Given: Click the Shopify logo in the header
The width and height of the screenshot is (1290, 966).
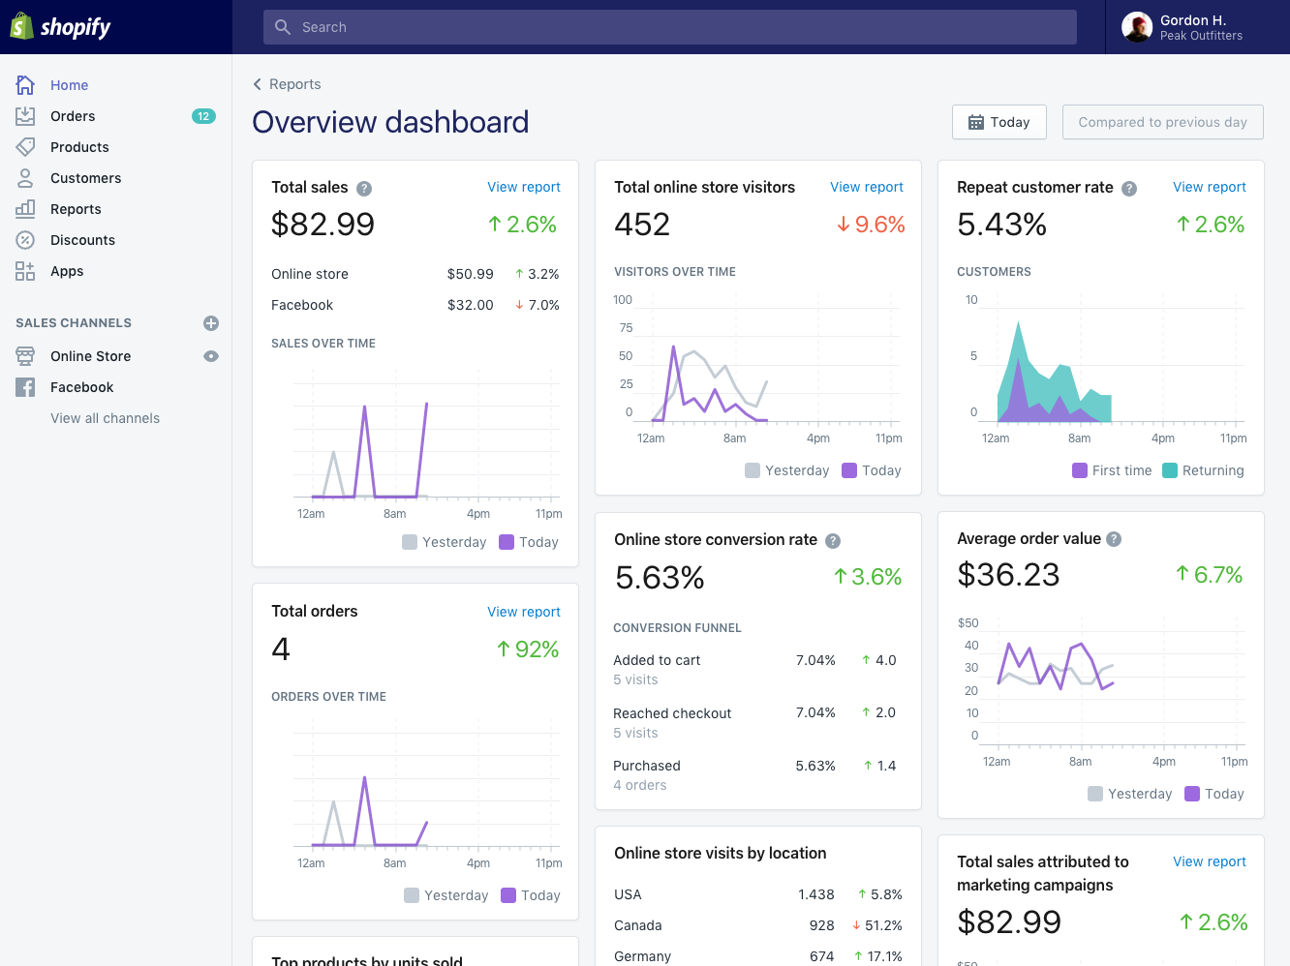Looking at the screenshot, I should (x=61, y=27).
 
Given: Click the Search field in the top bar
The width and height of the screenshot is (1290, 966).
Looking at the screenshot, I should (x=669, y=27).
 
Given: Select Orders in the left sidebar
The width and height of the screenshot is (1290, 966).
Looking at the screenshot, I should (x=73, y=116).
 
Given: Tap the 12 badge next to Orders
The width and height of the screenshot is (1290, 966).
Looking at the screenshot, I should (x=203, y=116).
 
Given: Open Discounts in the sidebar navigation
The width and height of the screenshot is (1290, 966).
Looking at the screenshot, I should (x=82, y=240).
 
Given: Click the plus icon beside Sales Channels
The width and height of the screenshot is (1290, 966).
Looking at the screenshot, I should (x=211, y=323).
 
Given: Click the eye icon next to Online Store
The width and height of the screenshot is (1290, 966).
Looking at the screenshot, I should (x=211, y=356).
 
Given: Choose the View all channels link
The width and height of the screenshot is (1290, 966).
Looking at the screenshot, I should (x=105, y=418).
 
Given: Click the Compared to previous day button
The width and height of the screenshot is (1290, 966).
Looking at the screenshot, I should (x=1162, y=122).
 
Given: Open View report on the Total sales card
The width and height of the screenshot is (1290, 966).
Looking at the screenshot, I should (x=523, y=187).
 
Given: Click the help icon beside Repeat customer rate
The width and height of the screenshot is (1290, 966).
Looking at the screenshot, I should (x=1129, y=189).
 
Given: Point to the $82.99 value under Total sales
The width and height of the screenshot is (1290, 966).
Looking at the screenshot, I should (x=322, y=225).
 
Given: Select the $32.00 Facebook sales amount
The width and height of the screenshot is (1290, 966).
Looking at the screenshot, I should (x=470, y=305).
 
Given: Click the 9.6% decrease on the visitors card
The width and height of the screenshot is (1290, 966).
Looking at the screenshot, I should (x=871, y=225).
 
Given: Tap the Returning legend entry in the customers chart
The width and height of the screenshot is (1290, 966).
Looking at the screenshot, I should (x=1203, y=470).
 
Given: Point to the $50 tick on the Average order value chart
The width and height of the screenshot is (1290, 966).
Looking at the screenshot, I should (x=967, y=623).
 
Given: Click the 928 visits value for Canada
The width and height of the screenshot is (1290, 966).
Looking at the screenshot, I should (x=821, y=925).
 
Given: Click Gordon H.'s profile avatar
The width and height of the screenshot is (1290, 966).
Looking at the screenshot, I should (x=1137, y=27).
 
